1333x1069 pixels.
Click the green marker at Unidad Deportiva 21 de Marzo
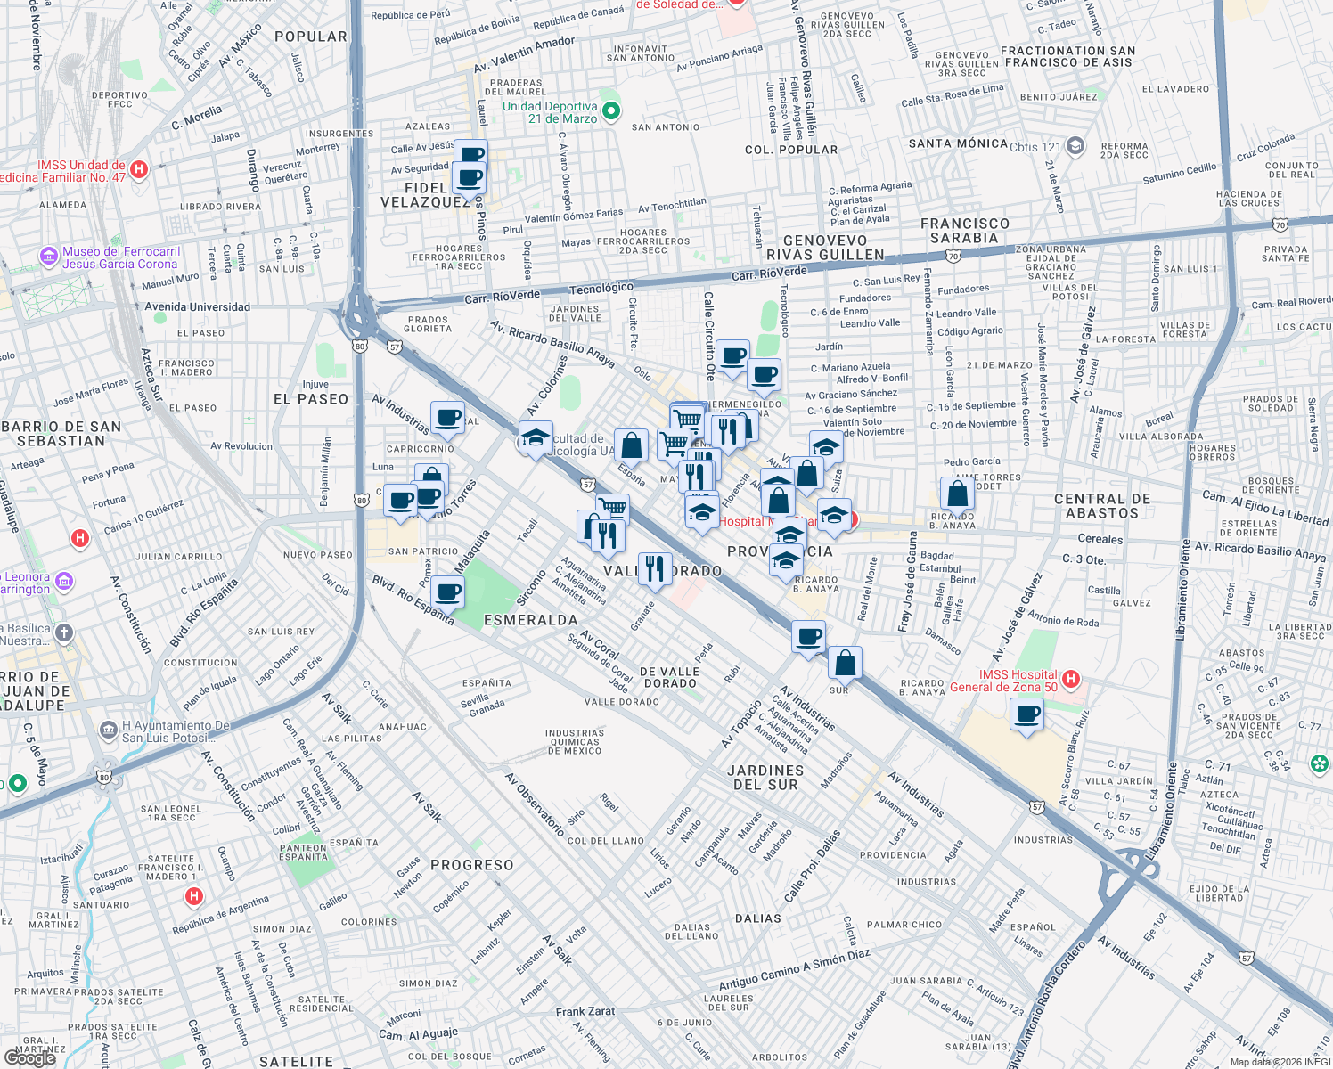pos(611,111)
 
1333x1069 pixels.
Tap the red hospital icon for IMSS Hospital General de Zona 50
pos(1071,681)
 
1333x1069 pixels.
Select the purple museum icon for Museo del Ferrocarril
pos(48,257)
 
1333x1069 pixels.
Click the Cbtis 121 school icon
pos(1075,146)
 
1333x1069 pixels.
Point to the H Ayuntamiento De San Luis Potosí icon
pos(109,730)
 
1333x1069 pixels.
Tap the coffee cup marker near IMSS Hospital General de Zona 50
pos(1026,714)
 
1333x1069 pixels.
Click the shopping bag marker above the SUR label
pos(845,663)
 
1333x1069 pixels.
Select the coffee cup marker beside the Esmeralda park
pos(448,592)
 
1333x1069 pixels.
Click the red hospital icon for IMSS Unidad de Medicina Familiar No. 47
pos(138,169)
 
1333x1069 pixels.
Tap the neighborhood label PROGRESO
pos(471,865)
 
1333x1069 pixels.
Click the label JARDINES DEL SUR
pos(765,778)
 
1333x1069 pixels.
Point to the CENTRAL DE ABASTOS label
pos(1102,506)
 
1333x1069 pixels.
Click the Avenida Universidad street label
pos(197,307)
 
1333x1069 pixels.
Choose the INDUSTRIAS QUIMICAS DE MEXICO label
pos(575,742)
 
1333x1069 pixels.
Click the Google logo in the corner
pos(30,1058)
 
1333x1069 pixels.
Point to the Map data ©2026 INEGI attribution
pos(1280,1062)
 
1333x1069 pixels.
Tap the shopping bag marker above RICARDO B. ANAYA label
pos(957,494)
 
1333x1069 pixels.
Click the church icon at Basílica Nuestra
pos(63,633)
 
